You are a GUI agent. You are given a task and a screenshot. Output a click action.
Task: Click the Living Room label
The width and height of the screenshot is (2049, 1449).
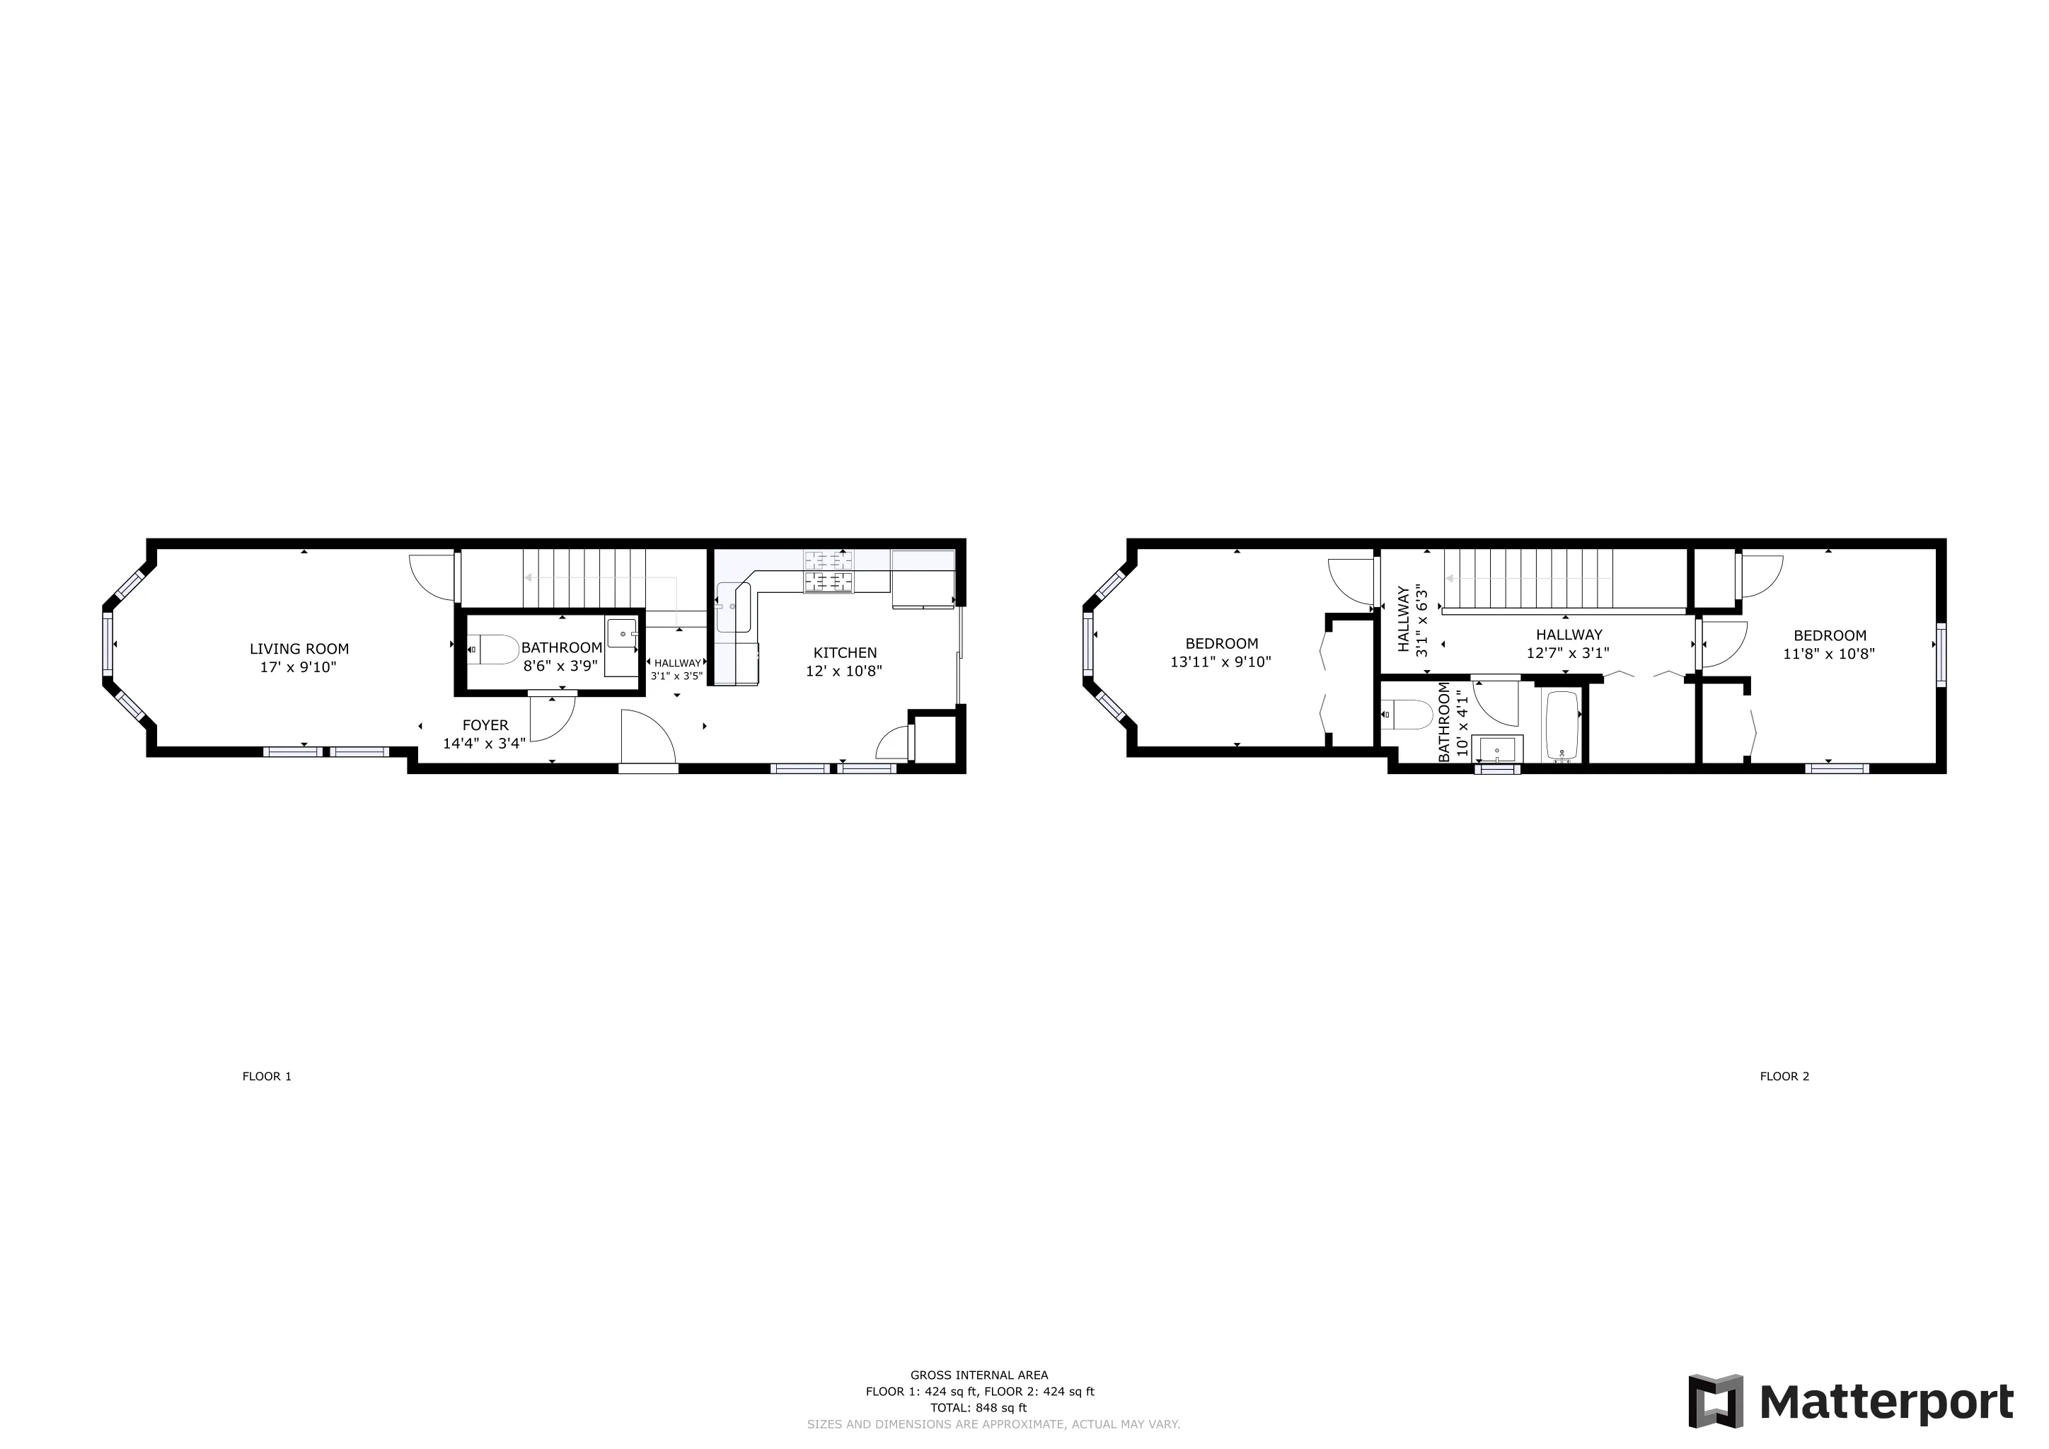[x=299, y=649]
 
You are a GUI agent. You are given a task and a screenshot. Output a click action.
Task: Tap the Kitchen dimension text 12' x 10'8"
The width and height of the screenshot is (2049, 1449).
[x=843, y=671]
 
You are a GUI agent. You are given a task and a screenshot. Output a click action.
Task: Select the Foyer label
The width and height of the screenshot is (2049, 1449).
[x=485, y=725]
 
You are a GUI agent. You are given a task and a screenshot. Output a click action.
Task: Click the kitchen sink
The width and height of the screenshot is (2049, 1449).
[x=733, y=607]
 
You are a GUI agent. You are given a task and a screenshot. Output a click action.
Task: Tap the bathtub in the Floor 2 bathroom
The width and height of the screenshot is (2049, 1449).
[x=1562, y=724]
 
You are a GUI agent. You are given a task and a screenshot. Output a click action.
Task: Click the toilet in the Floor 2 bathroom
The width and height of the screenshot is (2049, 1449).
[x=1407, y=715]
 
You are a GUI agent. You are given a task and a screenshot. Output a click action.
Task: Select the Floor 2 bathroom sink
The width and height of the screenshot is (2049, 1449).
[x=1496, y=749]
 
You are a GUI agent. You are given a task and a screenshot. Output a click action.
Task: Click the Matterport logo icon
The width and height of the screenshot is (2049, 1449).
[x=1715, y=1401]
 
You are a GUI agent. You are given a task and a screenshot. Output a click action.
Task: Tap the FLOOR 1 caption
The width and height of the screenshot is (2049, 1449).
[x=267, y=1076]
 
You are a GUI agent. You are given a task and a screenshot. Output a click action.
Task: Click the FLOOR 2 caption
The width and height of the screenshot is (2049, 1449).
[x=1784, y=1076]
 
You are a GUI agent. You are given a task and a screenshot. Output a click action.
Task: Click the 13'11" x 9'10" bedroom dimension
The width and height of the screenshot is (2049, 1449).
[x=1220, y=662]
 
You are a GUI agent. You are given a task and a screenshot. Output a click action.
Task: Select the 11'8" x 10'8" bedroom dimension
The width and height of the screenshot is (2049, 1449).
[x=1828, y=654]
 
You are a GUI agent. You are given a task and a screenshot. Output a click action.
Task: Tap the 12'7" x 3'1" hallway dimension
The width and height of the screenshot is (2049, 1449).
[x=1567, y=653]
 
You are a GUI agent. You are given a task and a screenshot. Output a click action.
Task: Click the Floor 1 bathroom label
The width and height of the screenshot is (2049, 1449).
[x=561, y=648]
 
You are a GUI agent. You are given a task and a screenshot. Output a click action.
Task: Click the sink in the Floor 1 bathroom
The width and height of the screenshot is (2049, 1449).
[x=622, y=633]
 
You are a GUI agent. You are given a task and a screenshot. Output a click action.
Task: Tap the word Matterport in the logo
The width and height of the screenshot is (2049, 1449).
[x=1886, y=1402]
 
